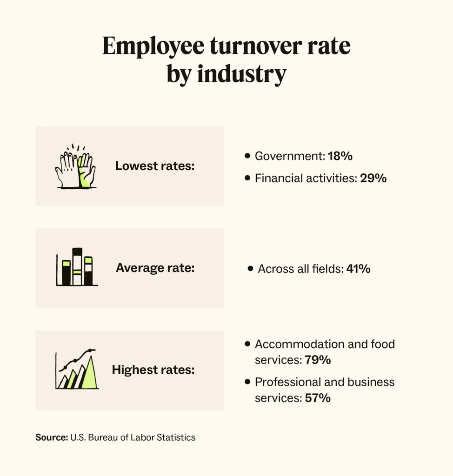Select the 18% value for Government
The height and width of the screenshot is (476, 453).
[x=340, y=156]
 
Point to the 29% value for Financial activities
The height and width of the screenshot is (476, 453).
[x=373, y=178]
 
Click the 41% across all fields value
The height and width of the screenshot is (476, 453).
[x=358, y=269]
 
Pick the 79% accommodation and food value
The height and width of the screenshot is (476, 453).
[x=318, y=360]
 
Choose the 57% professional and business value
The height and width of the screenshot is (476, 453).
[x=318, y=398]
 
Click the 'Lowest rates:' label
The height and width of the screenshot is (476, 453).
[x=155, y=166]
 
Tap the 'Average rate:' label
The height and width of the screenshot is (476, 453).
[x=155, y=268]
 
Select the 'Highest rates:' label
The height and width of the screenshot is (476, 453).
[x=153, y=370]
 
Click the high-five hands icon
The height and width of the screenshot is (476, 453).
[x=75, y=168]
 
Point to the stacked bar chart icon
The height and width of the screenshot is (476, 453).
[x=77, y=267]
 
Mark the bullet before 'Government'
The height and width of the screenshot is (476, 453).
[x=247, y=156]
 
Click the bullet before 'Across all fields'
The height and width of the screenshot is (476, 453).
[x=251, y=269]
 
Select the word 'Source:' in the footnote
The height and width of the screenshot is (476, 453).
[x=51, y=437]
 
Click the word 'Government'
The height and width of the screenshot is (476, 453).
[x=289, y=156]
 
